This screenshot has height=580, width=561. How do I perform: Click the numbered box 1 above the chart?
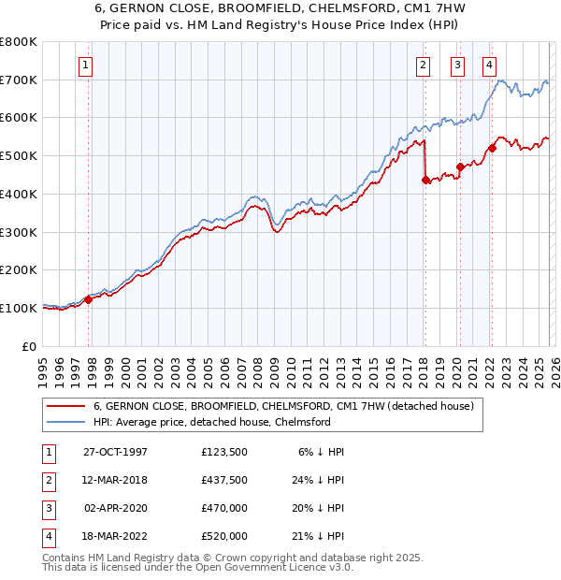[x=85, y=65]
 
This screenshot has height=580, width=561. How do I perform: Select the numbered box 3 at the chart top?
[x=457, y=65]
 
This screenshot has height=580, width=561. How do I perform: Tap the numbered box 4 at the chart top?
[x=489, y=65]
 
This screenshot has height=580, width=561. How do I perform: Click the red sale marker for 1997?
[x=89, y=299]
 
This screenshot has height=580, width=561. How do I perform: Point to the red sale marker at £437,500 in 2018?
[x=425, y=179]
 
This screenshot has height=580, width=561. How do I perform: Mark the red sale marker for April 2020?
[x=460, y=167]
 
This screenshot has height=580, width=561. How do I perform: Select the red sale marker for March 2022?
[x=492, y=147]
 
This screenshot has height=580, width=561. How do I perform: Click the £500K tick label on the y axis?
[x=19, y=156]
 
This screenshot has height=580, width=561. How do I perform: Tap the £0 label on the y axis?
[x=29, y=346]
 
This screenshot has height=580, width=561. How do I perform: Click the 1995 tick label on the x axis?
[x=42, y=366]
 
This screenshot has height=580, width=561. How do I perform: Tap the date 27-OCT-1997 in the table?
[x=116, y=452]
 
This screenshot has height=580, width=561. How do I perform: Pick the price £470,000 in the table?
[x=224, y=508]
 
